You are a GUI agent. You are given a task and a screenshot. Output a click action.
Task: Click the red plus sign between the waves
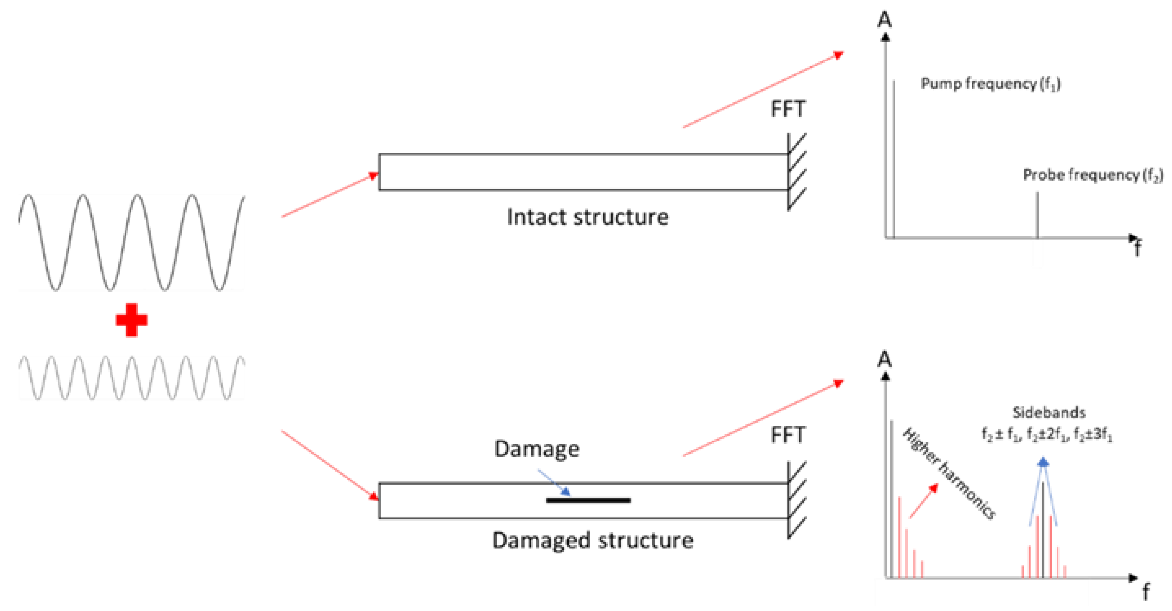132,320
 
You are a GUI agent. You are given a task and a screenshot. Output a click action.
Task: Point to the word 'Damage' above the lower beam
537,449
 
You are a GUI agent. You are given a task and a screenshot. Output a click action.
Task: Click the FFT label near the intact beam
788,109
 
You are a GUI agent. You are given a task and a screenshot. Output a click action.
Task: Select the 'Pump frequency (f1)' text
990,84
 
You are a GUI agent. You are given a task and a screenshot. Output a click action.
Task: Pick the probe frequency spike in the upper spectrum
1037,214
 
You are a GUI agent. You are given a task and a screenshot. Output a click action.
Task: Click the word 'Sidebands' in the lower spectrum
1049,413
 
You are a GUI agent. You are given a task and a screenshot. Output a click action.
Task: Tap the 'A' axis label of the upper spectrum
884,20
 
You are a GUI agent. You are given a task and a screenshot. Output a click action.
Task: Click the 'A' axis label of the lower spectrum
884,359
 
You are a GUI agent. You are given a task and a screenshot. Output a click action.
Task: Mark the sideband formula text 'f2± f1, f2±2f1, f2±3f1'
1047,435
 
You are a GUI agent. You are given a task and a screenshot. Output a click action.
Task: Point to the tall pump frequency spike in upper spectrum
894,159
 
